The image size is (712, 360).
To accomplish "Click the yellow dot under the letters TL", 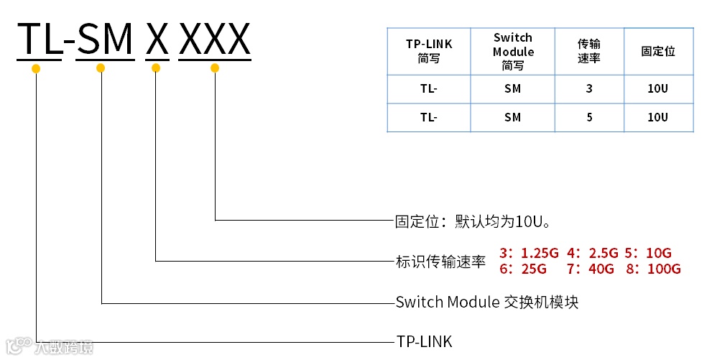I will pos(36,69).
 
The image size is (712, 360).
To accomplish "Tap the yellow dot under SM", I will pos(101,68).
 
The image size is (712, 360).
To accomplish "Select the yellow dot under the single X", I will pos(156,68).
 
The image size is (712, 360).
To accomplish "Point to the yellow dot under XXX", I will pos(214,68).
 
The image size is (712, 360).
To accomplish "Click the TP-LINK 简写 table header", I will pos(429,51).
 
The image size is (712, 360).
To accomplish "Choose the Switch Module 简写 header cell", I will pos(513,51).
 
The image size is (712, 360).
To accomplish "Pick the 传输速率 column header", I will pos(589,51).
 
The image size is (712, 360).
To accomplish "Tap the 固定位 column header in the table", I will pos(658,51).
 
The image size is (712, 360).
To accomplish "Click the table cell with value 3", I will pos(589,89).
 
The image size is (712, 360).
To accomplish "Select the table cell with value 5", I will pos(589,117).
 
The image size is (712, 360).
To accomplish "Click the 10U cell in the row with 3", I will pos(658,89).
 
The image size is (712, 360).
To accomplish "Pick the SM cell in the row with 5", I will pos(513,117).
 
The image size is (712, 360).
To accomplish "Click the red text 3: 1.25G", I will pos(529,253).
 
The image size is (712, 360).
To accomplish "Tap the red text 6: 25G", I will pos(523,269).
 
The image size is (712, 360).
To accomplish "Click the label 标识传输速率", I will pos(441,262).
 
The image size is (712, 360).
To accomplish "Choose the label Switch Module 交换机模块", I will pos(487,303).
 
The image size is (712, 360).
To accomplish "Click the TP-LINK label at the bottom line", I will pos(424,341).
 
